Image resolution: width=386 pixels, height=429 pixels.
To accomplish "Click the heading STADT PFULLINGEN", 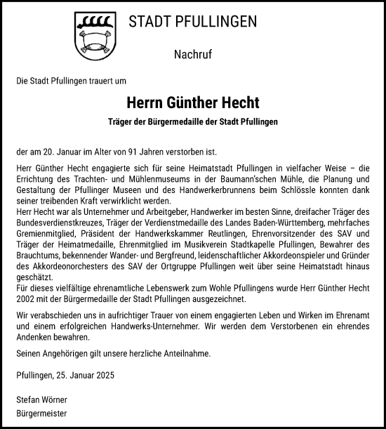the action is pos(192,22).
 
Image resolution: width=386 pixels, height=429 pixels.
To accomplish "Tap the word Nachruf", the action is pos(192,54).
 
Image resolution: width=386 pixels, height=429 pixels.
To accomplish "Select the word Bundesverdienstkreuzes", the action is pos(59,224).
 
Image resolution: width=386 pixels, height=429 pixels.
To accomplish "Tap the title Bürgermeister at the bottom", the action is pos(41,414).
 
